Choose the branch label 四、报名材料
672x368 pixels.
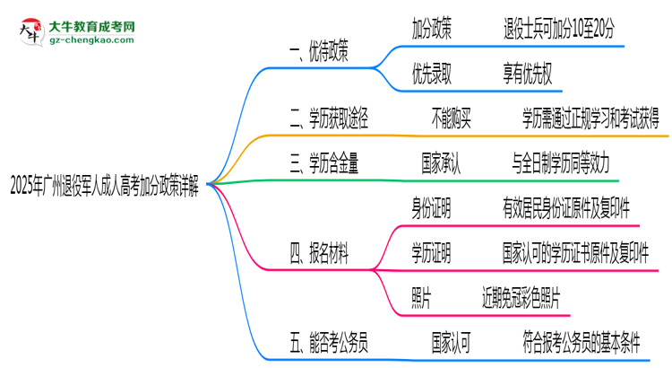click(318, 254)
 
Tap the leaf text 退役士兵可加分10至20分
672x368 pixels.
click(559, 29)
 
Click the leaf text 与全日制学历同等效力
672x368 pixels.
click(561, 162)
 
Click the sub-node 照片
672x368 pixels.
click(421, 295)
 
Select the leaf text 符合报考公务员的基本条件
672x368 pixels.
click(582, 340)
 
